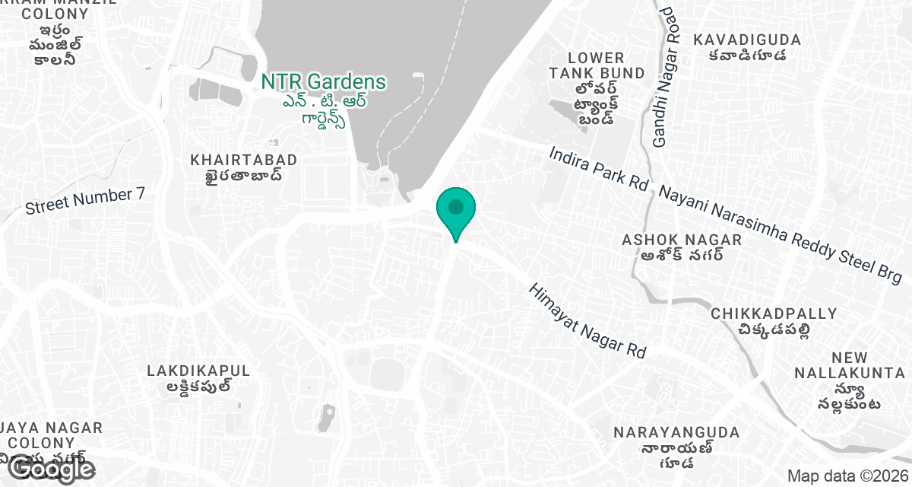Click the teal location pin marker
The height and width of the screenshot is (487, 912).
[x=455, y=210]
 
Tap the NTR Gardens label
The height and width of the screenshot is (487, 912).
[x=323, y=81]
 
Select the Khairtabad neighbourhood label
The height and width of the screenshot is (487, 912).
[x=244, y=160]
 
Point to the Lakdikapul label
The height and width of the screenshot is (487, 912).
[x=198, y=371]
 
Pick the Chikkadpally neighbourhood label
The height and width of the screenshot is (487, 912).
[x=774, y=314]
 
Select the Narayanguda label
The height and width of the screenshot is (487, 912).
[x=676, y=432]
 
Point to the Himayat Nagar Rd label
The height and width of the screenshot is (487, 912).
[x=587, y=321]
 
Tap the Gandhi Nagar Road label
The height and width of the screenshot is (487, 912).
[x=663, y=76]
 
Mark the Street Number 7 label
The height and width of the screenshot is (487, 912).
[x=84, y=201]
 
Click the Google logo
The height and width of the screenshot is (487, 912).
[x=52, y=469]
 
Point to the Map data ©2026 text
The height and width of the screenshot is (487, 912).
[x=847, y=476]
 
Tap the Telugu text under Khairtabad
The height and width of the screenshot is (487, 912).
[x=244, y=176]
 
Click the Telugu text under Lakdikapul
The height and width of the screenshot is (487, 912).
[x=198, y=386]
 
